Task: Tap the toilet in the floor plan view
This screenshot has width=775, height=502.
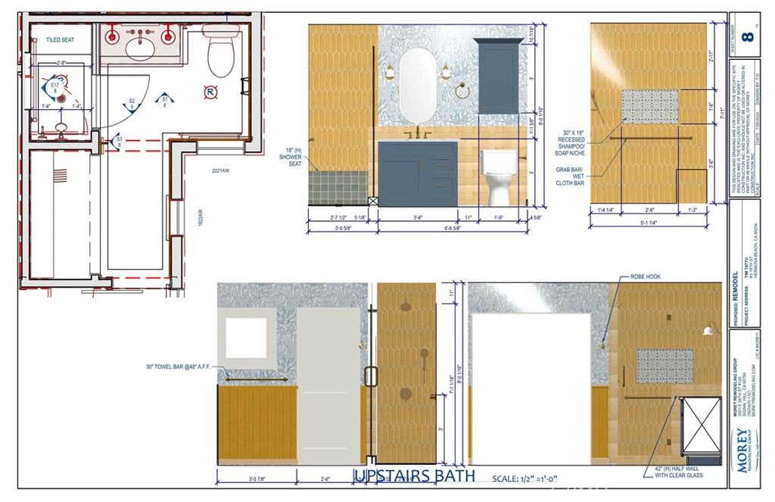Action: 221,53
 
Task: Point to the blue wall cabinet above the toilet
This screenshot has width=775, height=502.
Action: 498,78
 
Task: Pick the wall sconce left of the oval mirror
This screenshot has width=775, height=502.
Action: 390,71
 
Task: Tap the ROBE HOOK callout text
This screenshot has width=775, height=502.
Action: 644,277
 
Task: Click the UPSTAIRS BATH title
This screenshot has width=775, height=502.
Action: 414,475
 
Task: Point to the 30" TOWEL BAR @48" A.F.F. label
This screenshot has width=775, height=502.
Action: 178,367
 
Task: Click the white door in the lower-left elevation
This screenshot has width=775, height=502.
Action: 328,386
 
